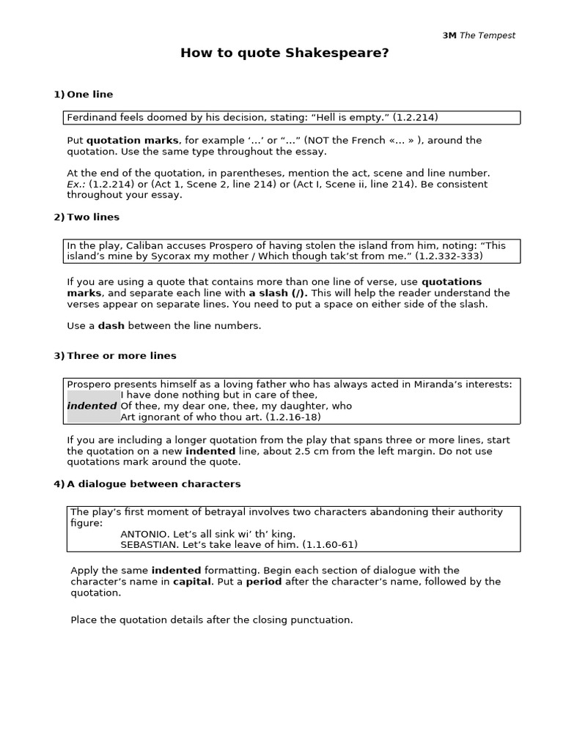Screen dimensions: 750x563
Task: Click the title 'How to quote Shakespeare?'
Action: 285,53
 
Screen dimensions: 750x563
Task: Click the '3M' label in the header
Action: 449,36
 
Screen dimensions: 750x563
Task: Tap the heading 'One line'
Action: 89,94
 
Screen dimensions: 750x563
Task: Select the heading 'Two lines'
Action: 92,217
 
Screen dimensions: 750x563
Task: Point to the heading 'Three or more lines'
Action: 121,356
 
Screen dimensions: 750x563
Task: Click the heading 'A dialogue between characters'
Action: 153,484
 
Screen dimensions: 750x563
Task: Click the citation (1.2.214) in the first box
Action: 415,117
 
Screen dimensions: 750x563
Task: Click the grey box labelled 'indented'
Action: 93,406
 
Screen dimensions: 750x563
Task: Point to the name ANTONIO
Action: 144,534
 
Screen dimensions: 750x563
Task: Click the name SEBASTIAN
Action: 147,545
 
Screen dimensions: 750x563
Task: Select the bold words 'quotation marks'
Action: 132,140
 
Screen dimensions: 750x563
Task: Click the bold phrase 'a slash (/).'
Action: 279,293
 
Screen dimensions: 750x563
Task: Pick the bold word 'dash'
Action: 111,326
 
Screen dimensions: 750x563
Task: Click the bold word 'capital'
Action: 191,582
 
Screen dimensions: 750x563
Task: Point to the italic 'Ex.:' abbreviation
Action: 77,184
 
